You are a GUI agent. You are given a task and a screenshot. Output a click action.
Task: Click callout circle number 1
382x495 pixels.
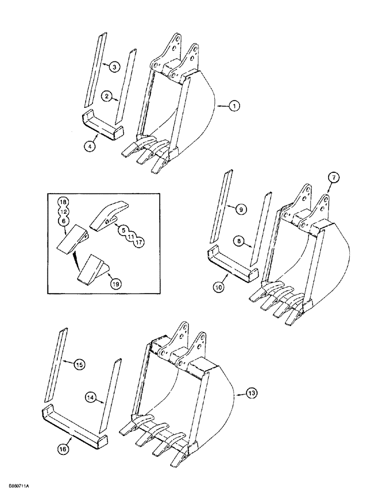pyautogui.click(x=235, y=105)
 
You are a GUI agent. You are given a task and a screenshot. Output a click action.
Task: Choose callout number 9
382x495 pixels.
pyautogui.click(x=241, y=209)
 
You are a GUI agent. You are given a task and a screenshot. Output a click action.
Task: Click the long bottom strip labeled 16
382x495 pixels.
pyautogui.click(x=74, y=421)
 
